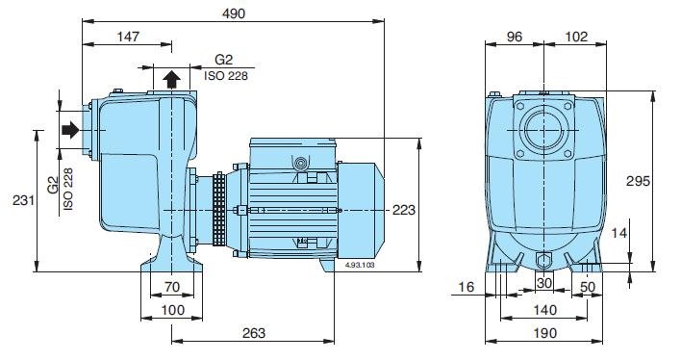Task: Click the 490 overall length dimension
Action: coord(234,13)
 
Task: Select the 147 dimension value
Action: coord(128,37)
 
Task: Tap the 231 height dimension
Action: coord(23,200)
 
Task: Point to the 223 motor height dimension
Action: coord(404,210)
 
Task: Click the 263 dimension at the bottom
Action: coord(253,333)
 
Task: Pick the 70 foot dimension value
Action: coord(172,287)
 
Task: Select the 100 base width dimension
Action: coord(172,310)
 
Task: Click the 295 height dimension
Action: coord(638,181)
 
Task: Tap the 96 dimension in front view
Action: coord(515,37)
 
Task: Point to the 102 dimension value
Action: coord(577,37)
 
